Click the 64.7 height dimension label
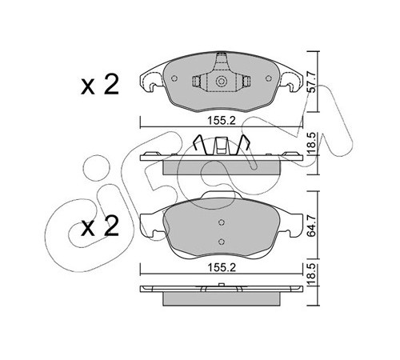[x=312, y=226]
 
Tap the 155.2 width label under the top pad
[x=222, y=121]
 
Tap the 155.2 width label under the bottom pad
[x=222, y=267]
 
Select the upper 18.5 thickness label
[x=312, y=144]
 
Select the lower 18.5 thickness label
[x=312, y=275]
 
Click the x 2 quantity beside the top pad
[x=100, y=85]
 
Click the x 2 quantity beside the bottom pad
[x=100, y=226]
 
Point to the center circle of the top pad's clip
[x=221, y=82]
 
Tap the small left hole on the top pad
[x=174, y=78]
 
